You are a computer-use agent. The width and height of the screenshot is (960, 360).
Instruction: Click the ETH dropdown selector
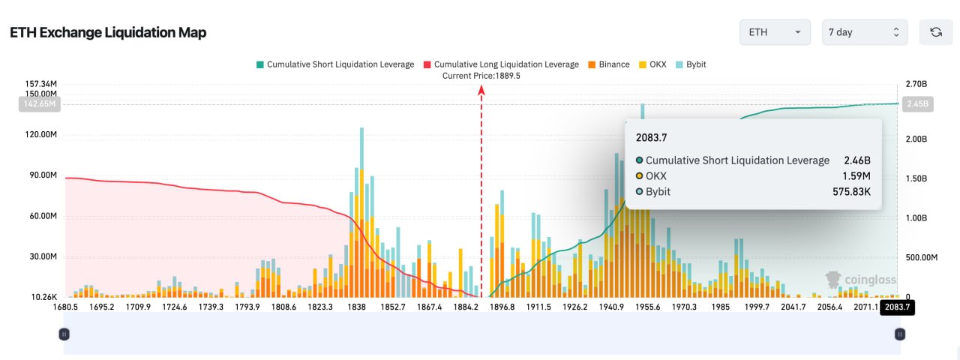tap(775, 32)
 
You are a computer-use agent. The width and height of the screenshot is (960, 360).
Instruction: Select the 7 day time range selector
tap(865, 32)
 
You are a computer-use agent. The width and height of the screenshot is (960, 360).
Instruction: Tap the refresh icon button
tap(935, 32)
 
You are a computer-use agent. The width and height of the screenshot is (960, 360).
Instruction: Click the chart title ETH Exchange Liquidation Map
tap(108, 32)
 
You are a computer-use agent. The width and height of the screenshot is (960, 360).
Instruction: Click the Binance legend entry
tap(609, 64)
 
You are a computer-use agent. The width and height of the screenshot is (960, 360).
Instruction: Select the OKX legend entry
tap(652, 64)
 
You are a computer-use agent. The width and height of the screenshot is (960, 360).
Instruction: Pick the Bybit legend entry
tap(691, 64)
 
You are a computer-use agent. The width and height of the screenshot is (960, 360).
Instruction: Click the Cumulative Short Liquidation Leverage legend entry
tap(335, 64)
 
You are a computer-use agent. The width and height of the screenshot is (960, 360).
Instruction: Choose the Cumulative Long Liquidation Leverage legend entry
tap(501, 64)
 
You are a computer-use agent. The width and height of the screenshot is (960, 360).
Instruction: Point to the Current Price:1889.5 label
tap(481, 76)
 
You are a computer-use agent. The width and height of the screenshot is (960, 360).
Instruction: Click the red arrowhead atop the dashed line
tap(481, 89)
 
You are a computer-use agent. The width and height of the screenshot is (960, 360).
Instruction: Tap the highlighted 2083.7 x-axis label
tap(897, 307)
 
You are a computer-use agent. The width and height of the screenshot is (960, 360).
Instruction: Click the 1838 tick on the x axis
tap(356, 307)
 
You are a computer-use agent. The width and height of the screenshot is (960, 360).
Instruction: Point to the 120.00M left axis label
tap(40, 134)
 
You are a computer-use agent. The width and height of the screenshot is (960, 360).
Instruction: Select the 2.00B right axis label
tap(916, 139)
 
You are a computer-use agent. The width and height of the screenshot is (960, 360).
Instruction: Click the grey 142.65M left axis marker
tap(40, 104)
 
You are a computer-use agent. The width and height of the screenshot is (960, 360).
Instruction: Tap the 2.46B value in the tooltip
tap(857, 160)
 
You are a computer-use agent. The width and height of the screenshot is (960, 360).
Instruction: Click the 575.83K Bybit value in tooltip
tap(851, 191)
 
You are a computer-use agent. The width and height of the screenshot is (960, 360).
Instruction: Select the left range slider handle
tap(64, 334)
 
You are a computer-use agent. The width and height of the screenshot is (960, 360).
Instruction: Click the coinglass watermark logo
tap(860, 280)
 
